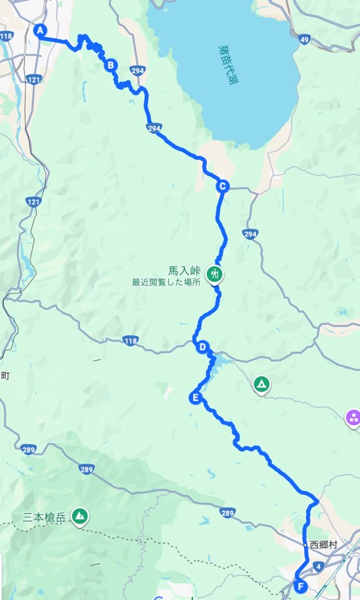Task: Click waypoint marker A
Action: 39,30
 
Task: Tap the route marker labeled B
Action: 111,65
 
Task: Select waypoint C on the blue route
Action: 222,187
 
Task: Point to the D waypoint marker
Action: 203,347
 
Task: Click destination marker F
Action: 299,586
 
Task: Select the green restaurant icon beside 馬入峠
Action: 214,274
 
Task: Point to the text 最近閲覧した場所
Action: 166,283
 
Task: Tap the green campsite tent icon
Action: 261,385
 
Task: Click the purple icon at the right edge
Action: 352,417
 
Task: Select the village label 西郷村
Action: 326,545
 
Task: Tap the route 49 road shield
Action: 304,39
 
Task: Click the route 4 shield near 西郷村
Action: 319,566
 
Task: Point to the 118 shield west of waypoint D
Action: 131,341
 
